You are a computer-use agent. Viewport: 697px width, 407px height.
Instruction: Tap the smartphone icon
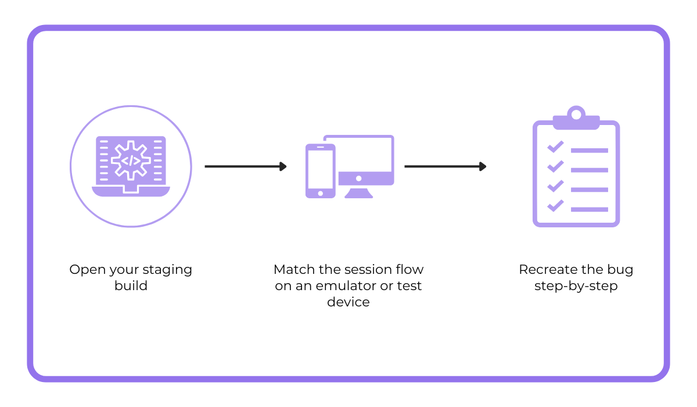pos(320,171)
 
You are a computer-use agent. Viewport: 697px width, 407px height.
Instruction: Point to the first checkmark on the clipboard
pos(555,146)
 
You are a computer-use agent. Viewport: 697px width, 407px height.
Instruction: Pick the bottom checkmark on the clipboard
pos(555,205)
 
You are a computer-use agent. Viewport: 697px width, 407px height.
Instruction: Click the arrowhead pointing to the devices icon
pos(283,166)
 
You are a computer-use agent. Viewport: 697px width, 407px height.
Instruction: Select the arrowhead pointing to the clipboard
pos(482,166)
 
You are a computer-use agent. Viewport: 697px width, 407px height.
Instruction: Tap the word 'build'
pos(131,286)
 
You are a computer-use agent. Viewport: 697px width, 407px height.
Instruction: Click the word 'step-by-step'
pos(576,286)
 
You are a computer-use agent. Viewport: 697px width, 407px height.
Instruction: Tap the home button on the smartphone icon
pos(320,193)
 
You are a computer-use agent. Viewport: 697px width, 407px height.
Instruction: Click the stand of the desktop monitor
pos(358,192)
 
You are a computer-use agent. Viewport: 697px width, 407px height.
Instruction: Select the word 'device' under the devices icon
pos(348,302)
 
